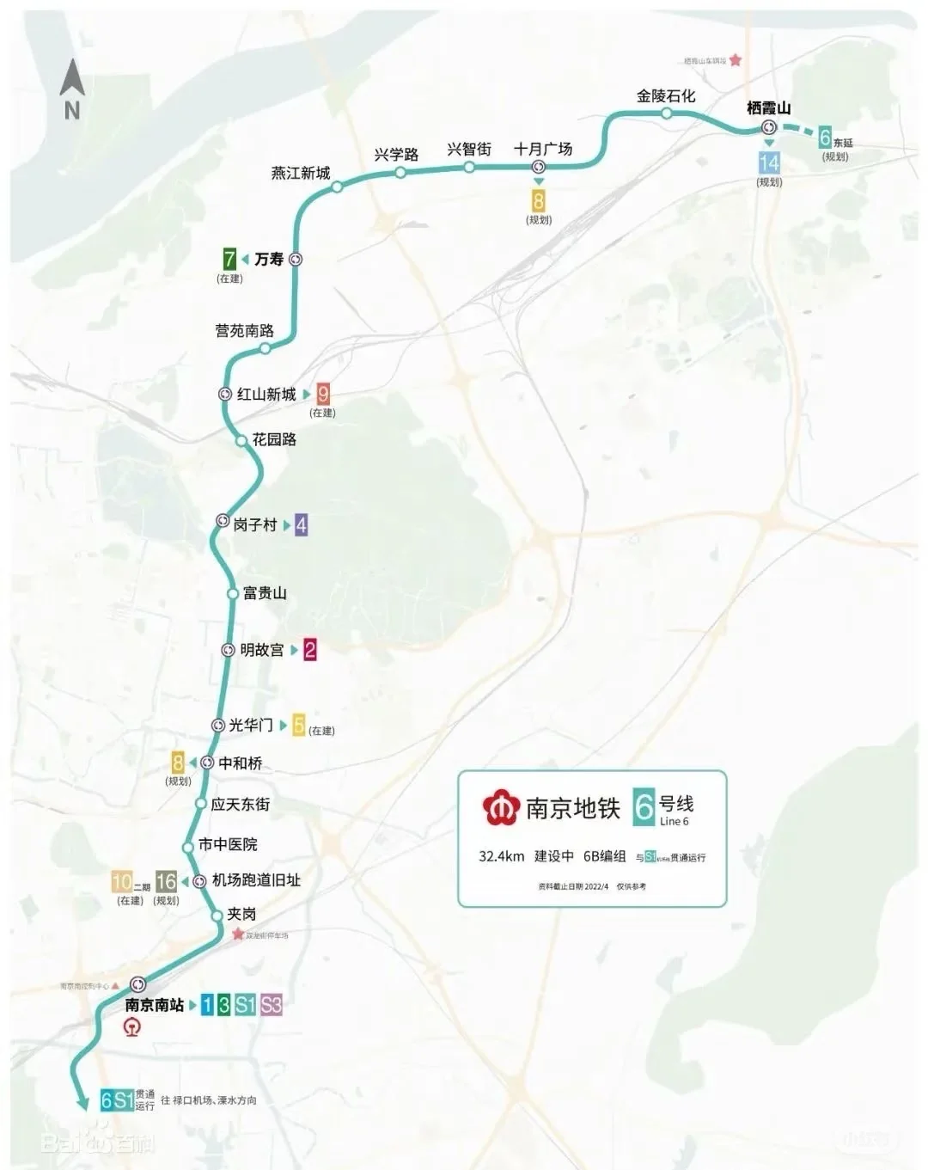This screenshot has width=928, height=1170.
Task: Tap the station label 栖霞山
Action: pyautogui.click(x=768, y=108)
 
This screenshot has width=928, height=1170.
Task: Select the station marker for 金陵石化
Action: pyautogui.click(x=667, y=113)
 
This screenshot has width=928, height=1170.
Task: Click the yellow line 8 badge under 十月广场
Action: pyautogui.click(x=539, y=200)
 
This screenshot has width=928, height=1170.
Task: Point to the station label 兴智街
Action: pyautogui.click(x=469, y=149)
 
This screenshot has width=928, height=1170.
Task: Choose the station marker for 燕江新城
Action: pyautogui.click(x=338, y=187)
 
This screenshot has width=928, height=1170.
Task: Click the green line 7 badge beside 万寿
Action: pyautogui.click(x=229, y=259)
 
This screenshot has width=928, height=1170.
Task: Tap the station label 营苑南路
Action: pyautogui.click(x=245, y=330)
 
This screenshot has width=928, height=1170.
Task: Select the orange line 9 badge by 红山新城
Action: pyautogui.click(x=323, y=395)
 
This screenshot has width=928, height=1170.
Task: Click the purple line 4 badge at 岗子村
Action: pyautogui.click(x=301, y=524)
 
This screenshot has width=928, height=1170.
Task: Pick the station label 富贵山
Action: pyautogui.click(x=265, y=593)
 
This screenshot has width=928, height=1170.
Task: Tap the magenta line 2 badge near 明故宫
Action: pyautogui.click(x=310, y=650)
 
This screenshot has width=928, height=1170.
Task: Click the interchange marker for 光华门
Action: pyautogui.click(x=218, y=726)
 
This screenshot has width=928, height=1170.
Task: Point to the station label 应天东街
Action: pyautogui.click(x=241, y=804)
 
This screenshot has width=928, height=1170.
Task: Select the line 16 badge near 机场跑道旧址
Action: pyautogui.click(x=167, y=881)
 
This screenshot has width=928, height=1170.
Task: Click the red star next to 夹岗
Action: pyautogui.click(x=238, y=934)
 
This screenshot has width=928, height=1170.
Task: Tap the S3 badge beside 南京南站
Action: pyautogui.click(x=272, y=1004)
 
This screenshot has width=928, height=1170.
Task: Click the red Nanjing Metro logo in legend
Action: pyautogui.click(x=500, y=808)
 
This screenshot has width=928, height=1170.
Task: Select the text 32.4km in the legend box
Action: pyautogui.click(x=502, y=856)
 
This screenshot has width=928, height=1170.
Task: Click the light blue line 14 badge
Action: pyautogui.click(x=769, y=162)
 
